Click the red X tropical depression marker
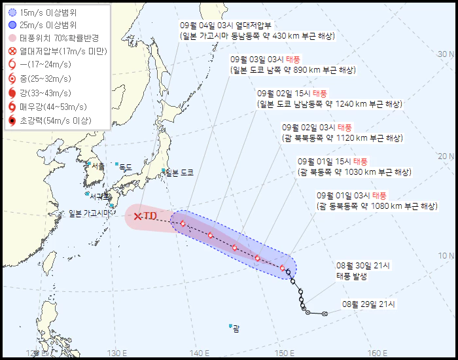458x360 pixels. [137, 216]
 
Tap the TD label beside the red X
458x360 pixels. [150, 215]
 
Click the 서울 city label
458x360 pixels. [98, 167]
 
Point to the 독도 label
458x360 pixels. [124, 168]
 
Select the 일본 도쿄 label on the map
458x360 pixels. [179, 173]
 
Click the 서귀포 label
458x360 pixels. [100, 196]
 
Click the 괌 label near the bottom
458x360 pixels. [236, 329]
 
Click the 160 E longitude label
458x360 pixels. [378, 354]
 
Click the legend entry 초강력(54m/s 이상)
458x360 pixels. [56, 120]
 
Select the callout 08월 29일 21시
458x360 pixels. [368, 304]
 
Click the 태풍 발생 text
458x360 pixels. [352, 276]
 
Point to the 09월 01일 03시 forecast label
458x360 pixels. [344, 195]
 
